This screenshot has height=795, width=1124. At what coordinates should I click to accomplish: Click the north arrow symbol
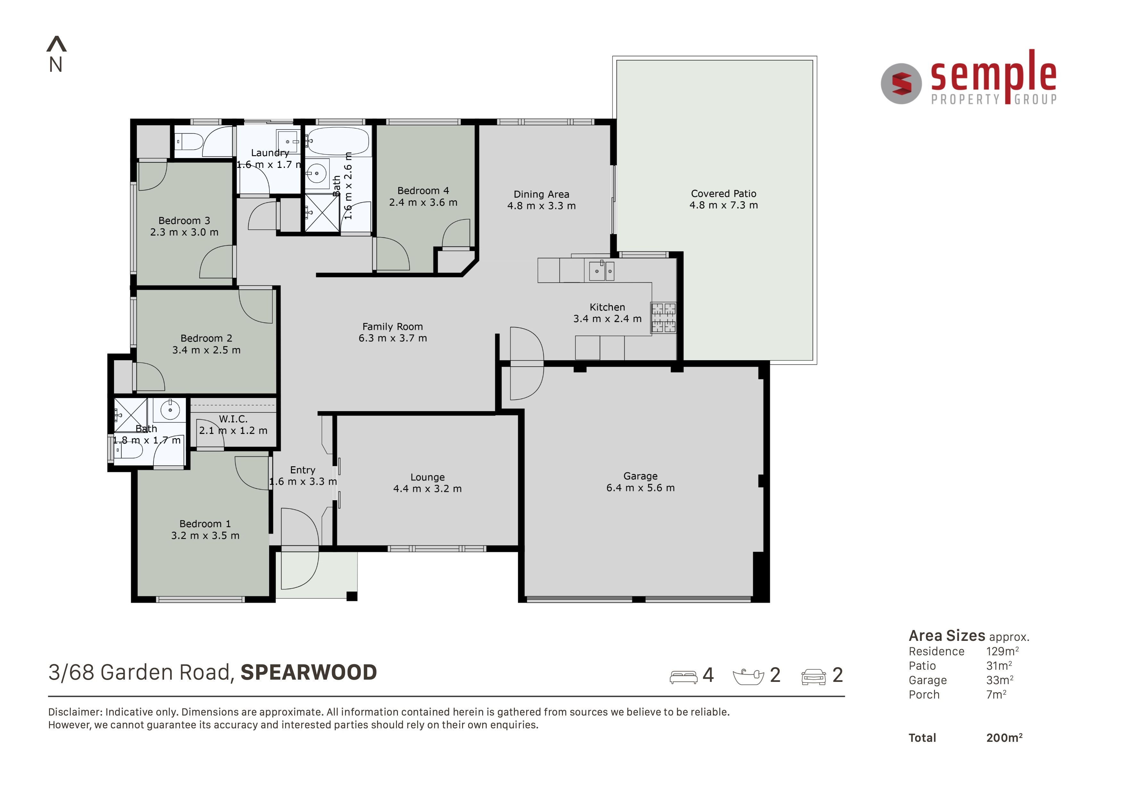pos(56,44)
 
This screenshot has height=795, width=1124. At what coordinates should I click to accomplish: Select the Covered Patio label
pos(723,194)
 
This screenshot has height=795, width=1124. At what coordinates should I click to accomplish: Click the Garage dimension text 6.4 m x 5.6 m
pos(640,488)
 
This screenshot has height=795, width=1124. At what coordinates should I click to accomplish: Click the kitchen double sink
pos(602,271)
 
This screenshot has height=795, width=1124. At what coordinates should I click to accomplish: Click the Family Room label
pos(393,327)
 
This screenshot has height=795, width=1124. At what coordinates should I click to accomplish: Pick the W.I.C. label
pos(233,419)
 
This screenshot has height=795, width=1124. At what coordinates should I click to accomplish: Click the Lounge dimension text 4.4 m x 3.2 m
pos(427,489)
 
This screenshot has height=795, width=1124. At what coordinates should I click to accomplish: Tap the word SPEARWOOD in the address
pos(309,673)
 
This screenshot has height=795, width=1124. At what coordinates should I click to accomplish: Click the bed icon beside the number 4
pos(683,677)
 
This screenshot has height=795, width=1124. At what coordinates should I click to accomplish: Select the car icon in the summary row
pos(814,677)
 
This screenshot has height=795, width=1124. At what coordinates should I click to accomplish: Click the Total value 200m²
pos(1004,738)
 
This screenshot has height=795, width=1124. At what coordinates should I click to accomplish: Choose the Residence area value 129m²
pos(1003,651)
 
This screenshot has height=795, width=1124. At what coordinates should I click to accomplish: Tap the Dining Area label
pos(541,195)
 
